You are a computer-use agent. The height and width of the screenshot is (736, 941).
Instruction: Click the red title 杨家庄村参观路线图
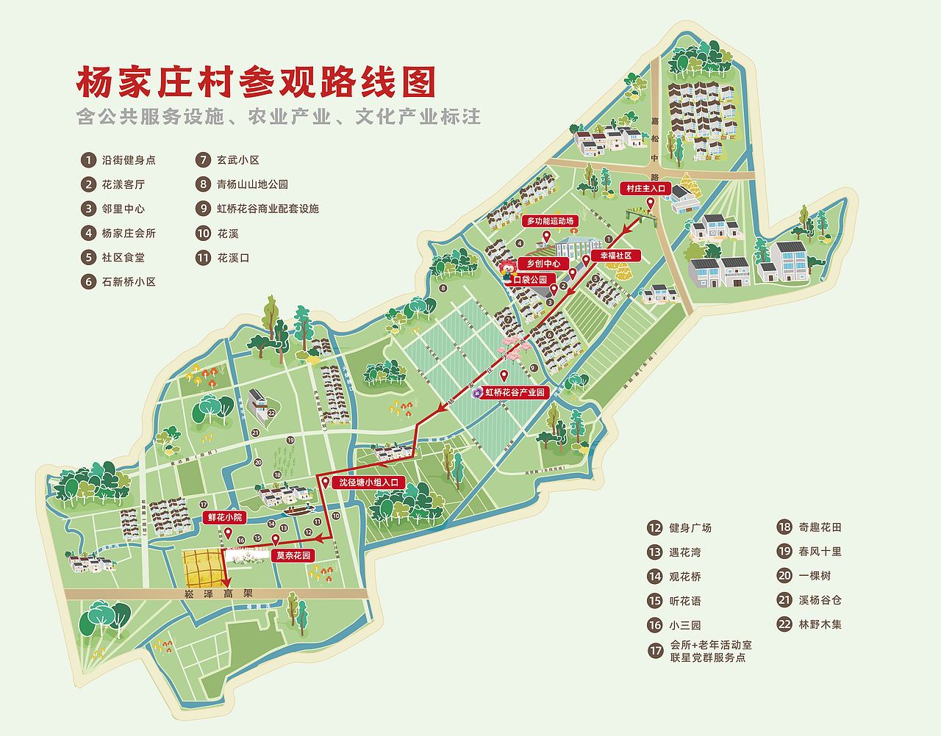coord(256,82)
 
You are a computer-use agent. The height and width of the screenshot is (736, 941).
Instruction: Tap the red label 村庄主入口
coord(645,189)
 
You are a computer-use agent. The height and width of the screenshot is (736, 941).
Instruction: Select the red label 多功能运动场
coord(550,221)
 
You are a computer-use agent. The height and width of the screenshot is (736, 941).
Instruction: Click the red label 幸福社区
coord(616,256)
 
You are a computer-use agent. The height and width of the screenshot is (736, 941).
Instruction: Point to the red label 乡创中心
coord(543,264)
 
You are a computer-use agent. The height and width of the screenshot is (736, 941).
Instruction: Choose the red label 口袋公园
coord(530,280)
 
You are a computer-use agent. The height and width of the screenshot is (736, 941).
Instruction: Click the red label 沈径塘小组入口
coord(368,483)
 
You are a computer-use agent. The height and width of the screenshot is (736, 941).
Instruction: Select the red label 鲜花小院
coord(224,518)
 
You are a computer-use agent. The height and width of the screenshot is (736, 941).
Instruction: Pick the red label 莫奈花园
coord(293,556)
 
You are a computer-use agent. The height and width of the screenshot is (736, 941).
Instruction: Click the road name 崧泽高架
coord(218,594)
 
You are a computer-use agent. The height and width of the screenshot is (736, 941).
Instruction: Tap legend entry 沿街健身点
coord(129,160)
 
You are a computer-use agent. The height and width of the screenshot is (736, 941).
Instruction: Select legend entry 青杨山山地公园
coord(252,184)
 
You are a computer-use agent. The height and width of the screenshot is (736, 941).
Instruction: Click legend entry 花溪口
coord(233,258)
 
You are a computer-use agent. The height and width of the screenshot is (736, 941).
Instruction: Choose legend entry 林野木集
coord(820,624)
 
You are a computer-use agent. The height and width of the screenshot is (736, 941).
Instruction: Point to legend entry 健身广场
coord(690,528)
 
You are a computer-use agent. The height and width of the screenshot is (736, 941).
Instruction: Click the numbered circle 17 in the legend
coord(655,651)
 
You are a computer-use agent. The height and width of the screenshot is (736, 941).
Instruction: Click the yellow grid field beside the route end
coord(201,568)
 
